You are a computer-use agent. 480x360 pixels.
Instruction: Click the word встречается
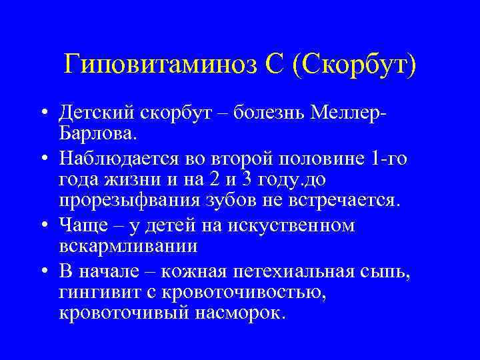(345, 201)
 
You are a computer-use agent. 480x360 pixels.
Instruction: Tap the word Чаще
(79, 225)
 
